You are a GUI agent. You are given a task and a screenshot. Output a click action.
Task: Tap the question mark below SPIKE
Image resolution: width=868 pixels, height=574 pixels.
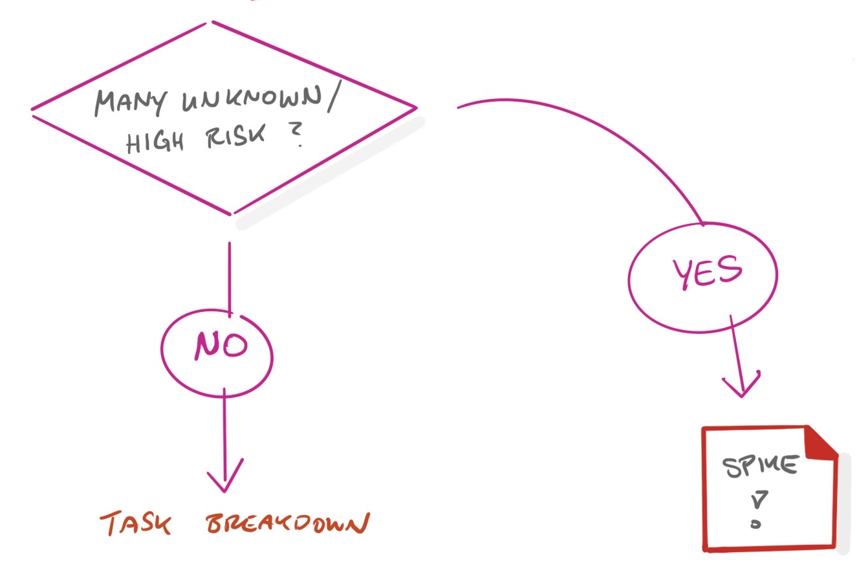click(756, 507)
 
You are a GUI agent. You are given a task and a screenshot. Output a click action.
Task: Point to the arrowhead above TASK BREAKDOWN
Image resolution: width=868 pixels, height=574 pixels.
click(225, 479)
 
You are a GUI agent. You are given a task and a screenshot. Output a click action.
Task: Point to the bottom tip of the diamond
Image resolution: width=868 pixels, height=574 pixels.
click(230, 213)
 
